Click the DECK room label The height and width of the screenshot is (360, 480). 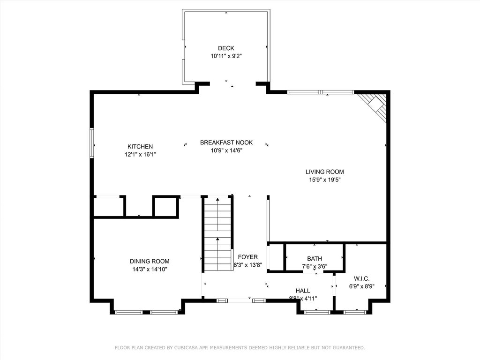tap(226, 48)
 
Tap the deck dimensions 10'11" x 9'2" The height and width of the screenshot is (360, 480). tap(226, 56)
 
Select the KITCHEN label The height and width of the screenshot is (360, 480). tap(140, 147)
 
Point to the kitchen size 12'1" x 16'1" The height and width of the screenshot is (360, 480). tap(140, 155)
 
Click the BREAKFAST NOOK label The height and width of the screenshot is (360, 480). tap(226, 142)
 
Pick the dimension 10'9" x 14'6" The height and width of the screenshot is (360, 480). tap(226, 150)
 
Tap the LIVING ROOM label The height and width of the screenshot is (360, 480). tap(324, 172)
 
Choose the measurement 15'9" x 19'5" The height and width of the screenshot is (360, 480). tap(324, 180)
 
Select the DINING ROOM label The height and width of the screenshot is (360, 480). tap(150, 261)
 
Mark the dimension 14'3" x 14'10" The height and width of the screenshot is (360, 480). tap(150, 270)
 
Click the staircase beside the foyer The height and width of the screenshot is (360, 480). tap(217, 234)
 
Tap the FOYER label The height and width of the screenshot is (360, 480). tap(247, 257)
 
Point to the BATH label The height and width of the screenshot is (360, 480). tap(315, 259)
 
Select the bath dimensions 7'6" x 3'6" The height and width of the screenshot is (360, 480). tap(315, 267)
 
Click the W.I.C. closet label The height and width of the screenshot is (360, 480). tap(361, 278)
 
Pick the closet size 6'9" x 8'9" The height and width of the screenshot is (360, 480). tap(361, 286)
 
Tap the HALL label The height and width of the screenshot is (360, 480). tap(303, 291)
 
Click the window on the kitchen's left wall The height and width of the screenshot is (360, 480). tap(91, 143)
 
